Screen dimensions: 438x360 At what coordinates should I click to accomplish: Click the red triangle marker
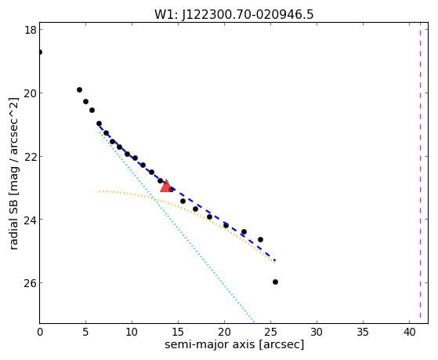[166, 187]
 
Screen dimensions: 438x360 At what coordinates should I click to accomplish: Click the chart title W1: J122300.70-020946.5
[233, 15]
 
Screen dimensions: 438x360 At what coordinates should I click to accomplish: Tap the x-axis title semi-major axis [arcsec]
[234, 344]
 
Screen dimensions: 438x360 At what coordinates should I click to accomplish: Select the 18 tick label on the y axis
[31, 30]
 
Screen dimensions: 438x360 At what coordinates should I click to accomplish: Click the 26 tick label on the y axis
[31, 283]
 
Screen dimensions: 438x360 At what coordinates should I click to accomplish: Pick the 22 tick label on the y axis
[31, 156]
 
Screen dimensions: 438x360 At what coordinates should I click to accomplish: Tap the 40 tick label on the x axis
[409, 332]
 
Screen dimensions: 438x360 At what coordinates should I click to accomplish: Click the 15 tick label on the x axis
[178, 332]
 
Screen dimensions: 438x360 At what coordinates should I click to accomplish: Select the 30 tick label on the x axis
[317, 332]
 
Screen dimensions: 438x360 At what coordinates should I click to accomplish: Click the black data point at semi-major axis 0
[40, 52]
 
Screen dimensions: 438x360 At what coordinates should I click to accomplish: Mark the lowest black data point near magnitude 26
[275, 282]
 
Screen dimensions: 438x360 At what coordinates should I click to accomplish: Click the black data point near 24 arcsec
[260, 240]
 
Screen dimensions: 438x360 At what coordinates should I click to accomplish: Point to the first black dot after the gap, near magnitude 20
[79, 89]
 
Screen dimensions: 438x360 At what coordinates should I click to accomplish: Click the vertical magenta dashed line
[420, 173]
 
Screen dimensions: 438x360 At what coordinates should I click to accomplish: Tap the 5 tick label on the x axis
[85, 332]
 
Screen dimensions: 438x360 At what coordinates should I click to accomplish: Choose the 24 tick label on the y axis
[31, 220]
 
